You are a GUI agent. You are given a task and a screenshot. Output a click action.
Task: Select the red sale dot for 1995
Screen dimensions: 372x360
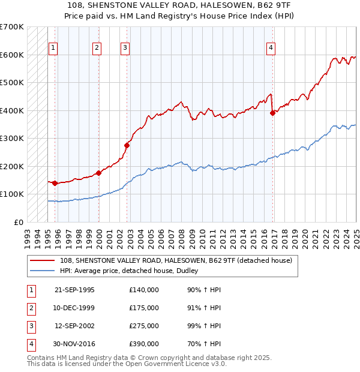tap(55, 183)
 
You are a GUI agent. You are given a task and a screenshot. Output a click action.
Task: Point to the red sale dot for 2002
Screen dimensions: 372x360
tap(127, 145)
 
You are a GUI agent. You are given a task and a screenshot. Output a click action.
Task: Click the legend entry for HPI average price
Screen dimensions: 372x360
tap(133, 271)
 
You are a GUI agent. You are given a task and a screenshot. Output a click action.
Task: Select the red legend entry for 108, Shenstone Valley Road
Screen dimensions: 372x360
tap(175, 260)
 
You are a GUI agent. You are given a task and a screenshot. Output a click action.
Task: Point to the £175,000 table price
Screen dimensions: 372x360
tap(144, 308)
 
